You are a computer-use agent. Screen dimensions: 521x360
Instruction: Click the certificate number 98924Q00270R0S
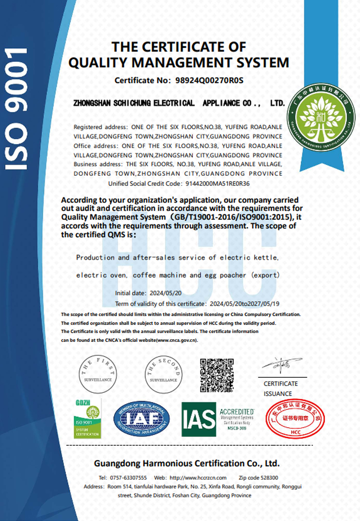click(x=209, y=80)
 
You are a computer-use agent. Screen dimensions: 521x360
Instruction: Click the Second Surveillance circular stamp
click(x=164, y=372)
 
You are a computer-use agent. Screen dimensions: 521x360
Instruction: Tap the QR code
click(x=217, y=375)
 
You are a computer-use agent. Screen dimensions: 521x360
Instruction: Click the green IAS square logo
click(x=199, y=419)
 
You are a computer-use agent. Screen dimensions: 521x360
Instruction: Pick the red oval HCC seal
click(x=295, y=419)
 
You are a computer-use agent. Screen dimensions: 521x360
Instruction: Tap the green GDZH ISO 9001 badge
click(x=87, y=418)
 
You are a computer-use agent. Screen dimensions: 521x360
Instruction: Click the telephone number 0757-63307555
click(x=129, y=477)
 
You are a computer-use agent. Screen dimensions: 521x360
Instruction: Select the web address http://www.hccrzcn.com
click(x=203, y=477)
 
